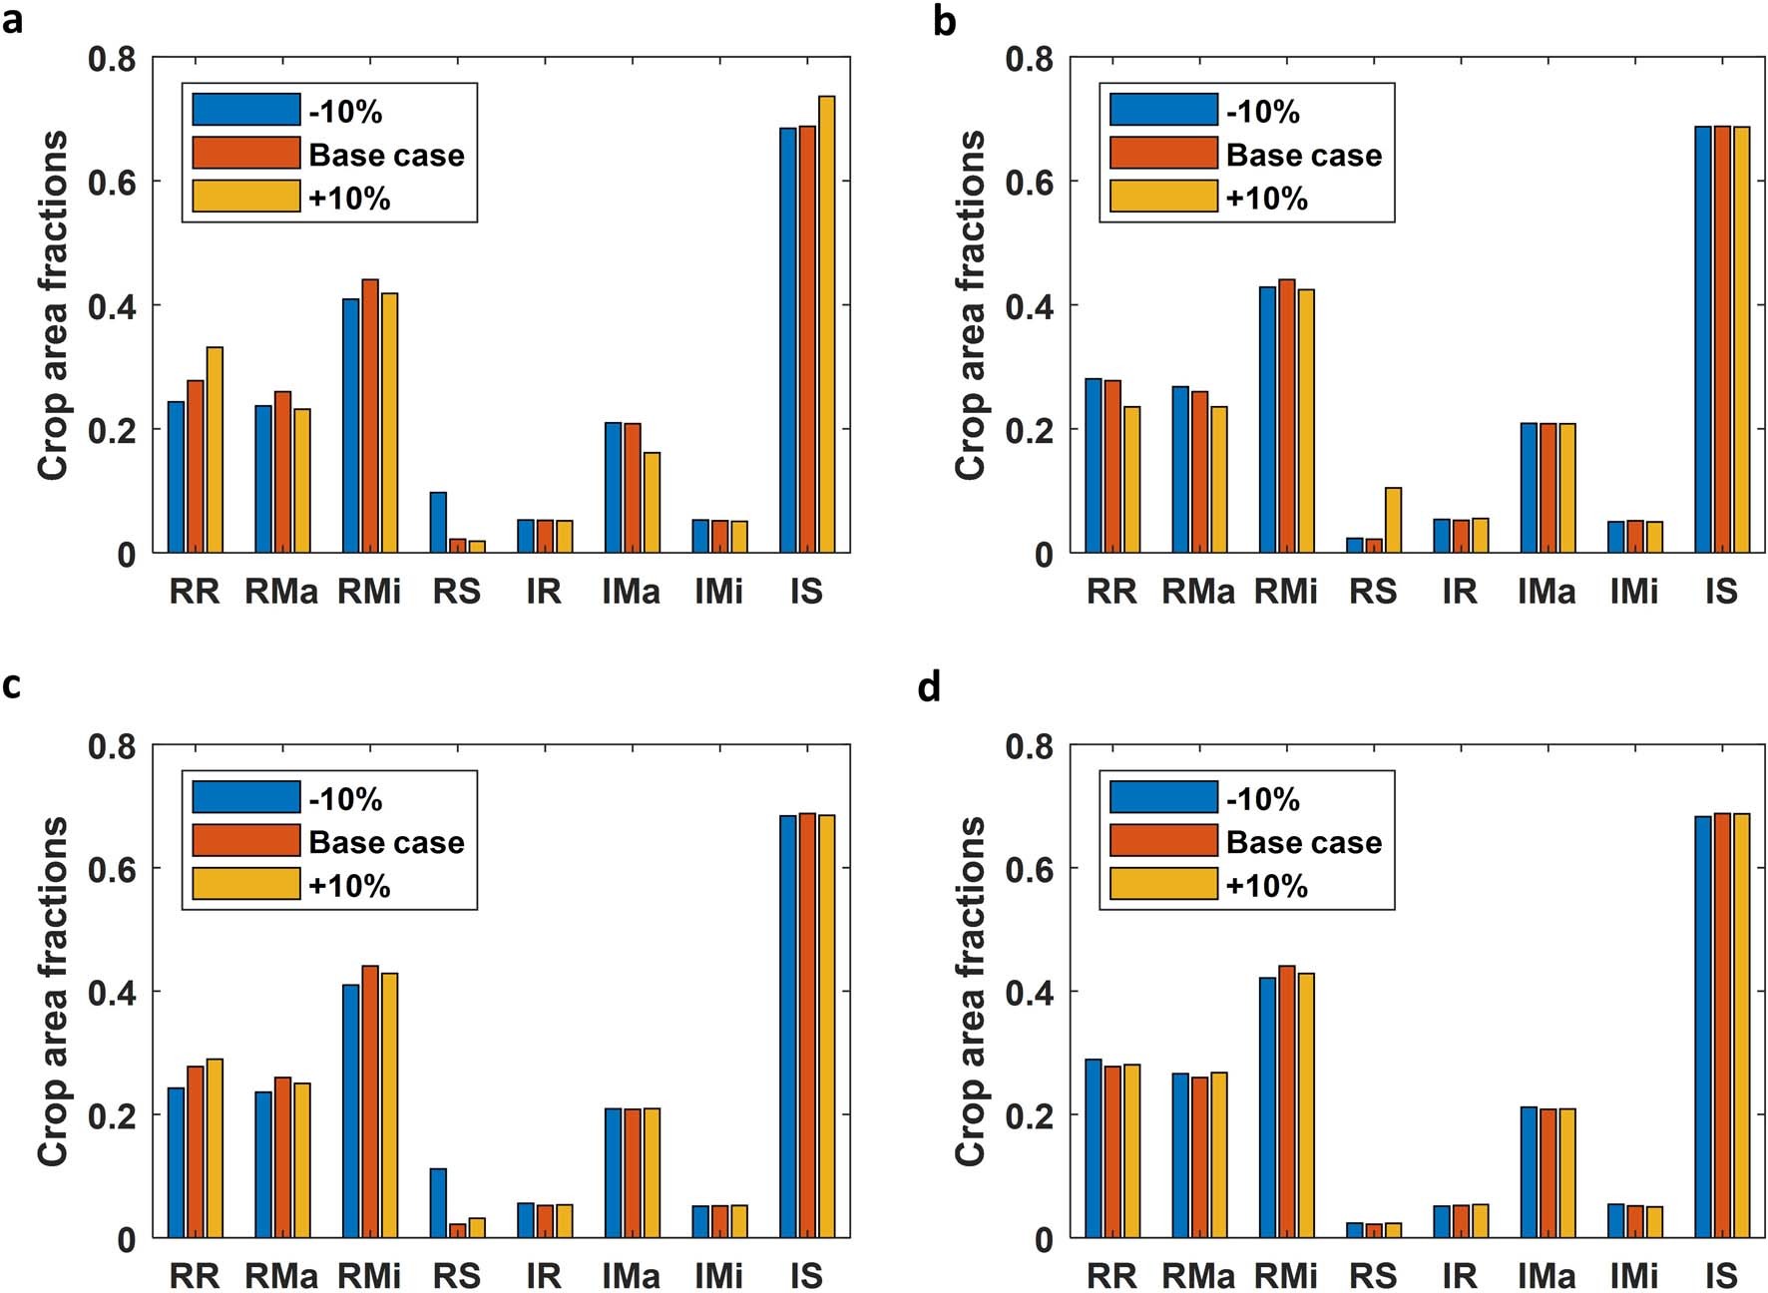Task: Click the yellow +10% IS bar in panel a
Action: point(826,324)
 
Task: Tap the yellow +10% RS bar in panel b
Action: point(1393,520)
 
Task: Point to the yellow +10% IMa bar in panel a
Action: point(652,502)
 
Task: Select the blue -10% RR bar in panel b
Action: point(1094,465)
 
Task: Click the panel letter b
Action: point(944,20)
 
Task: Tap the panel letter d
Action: point(928,686)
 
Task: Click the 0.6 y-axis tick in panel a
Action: point(112,183)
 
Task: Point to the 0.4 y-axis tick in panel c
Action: point(112,992)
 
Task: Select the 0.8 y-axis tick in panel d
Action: point(1029,746)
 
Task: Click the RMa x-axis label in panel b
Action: point(1198,592)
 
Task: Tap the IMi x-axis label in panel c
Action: point(718,1276)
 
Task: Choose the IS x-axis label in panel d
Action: point(1721,1276)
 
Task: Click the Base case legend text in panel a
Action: point(386,155)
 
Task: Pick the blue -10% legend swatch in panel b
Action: point(1163,110)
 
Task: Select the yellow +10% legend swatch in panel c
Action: point(245,884)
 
